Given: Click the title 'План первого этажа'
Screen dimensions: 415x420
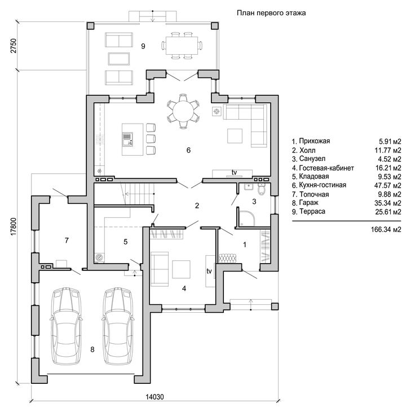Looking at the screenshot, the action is point(271,13).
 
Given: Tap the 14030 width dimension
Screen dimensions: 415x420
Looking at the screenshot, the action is point(154,397).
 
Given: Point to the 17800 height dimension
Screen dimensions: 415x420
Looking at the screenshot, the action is point(14,226).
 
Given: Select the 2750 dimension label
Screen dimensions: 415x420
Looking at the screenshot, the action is point(14,46).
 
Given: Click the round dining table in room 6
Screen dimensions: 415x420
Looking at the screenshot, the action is point(183,111).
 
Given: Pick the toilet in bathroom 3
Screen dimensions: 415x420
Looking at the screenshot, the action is point(261,189).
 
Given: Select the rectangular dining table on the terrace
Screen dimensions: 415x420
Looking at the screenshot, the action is point(182,46).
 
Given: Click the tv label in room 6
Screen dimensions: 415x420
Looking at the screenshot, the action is point(235,172).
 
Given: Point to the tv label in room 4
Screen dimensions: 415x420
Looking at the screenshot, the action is point(209,271).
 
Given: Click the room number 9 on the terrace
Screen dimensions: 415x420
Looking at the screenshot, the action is point(143,46).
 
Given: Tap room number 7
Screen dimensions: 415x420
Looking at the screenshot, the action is point(67,240).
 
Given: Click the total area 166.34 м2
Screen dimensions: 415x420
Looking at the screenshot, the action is point(386,230).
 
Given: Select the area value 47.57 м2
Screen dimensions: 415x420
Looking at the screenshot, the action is point(388,185).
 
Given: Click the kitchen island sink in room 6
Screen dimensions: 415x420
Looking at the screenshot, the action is point(127,139).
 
